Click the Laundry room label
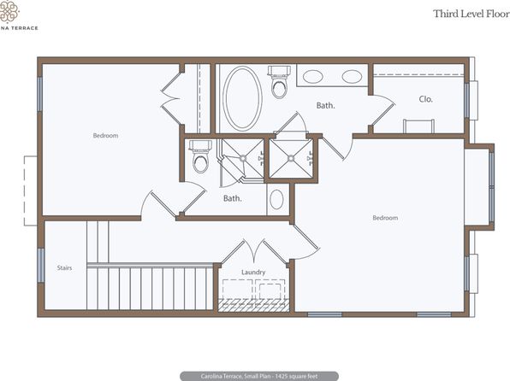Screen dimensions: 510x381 253,273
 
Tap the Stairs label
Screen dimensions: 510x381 64,268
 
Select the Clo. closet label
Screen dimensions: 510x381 426,99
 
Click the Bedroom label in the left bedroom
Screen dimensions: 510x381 106,136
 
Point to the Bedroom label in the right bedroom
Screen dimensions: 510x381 385,218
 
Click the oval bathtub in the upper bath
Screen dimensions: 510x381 242,99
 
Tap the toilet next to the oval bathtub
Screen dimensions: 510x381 279,82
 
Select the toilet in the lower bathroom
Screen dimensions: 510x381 200,157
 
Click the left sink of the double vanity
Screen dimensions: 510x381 313,77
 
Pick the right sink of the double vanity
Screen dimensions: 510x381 352,77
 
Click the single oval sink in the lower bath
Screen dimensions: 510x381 276,199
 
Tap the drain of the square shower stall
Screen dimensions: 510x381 291,159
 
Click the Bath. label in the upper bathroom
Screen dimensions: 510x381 326,105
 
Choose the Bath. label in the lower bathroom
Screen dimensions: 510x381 233,198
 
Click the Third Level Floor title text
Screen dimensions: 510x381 471,14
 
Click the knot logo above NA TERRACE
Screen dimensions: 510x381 9,11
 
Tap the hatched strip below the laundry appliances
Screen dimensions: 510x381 253,306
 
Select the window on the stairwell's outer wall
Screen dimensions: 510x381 41,266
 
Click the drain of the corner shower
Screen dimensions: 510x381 243,158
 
